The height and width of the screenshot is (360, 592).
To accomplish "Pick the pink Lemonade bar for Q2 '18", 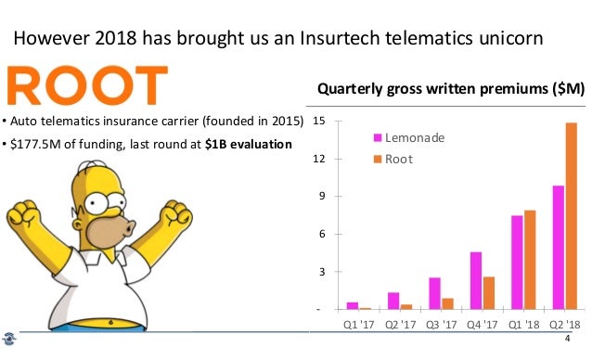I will [x=558, y=248].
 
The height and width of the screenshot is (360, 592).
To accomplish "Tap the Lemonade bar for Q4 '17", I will [x=475, y=280].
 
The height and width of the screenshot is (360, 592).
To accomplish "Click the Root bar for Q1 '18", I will [x=531, y=260].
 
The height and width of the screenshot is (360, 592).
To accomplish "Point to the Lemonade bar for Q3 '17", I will [x=434, y=293].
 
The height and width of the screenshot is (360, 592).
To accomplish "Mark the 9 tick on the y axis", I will [x=321, y=197].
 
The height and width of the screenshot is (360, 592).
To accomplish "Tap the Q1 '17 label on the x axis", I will [x=359, y=325].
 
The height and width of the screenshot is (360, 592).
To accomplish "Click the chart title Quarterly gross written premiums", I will [x=450, y=89].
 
